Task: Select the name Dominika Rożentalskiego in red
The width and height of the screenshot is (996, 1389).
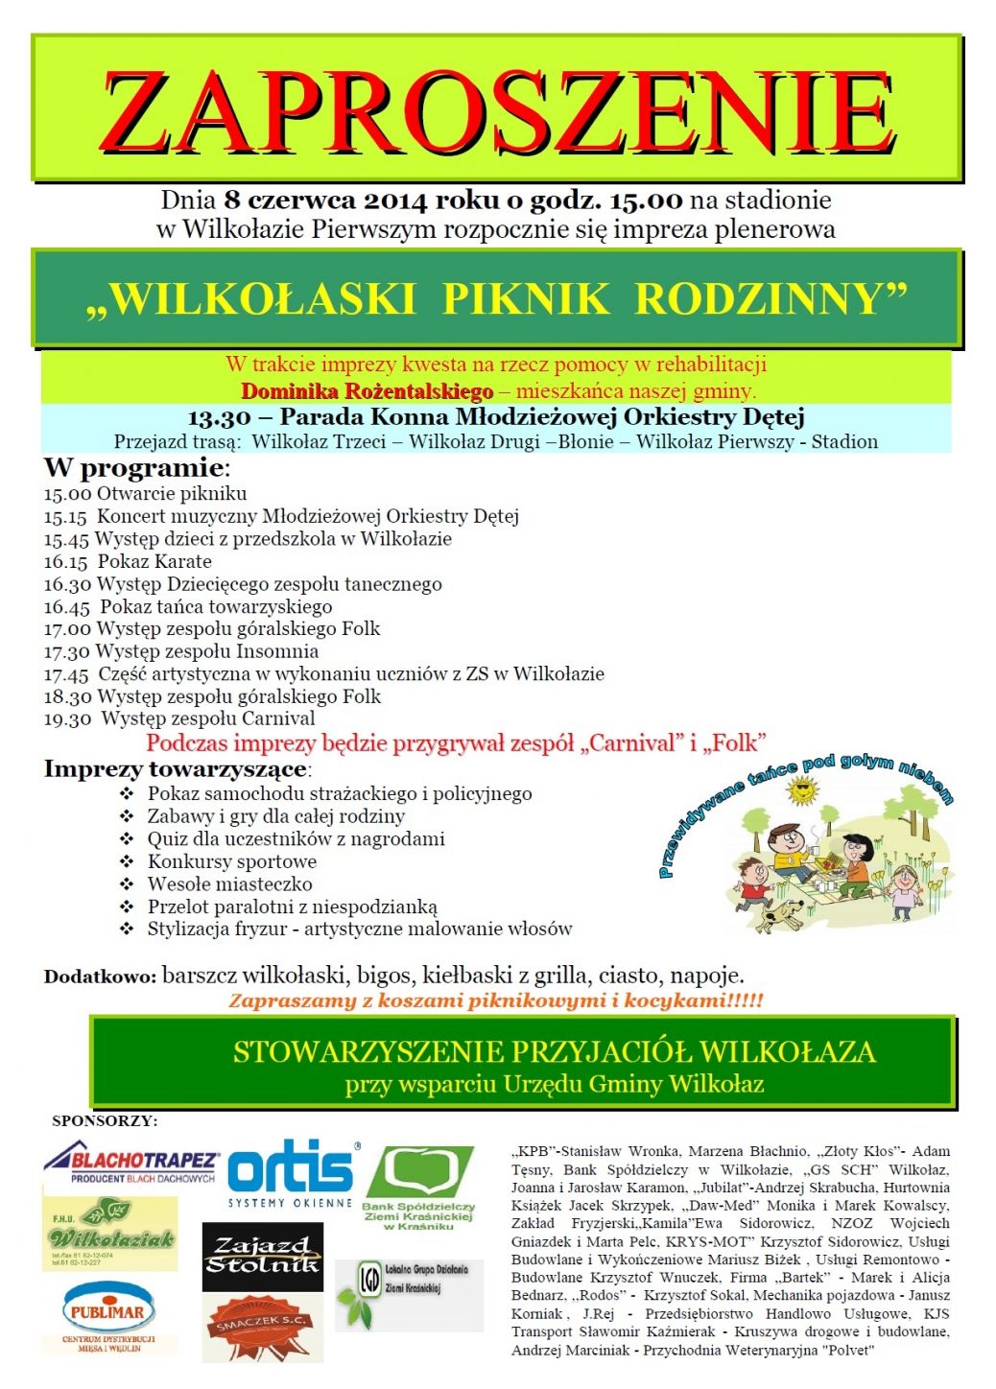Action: (367, 391)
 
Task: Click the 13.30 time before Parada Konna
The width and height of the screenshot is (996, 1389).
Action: (219, 417)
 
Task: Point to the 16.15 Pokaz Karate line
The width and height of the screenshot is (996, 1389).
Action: (128, 562)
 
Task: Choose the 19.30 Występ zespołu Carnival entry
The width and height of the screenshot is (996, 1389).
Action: (179, 718)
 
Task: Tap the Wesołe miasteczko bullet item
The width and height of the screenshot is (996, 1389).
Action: (229, 884)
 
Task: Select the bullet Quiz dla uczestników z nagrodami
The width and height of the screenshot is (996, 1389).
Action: (296, 839)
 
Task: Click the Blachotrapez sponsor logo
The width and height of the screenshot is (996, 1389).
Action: (131, 1164)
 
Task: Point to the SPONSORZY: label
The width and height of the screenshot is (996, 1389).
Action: (105, 1120)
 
